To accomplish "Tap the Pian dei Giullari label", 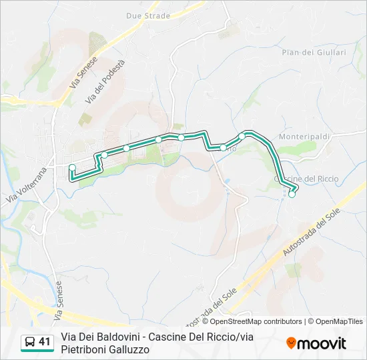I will (314, 52).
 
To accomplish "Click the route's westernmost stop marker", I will (72, 167).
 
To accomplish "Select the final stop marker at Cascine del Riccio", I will (292, 195).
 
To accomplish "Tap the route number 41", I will (45, 342).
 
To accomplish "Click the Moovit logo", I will (316, 343).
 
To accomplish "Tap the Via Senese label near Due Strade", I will (83, 73).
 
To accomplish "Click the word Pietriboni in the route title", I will (82, 349).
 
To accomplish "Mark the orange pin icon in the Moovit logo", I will (291, 343).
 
